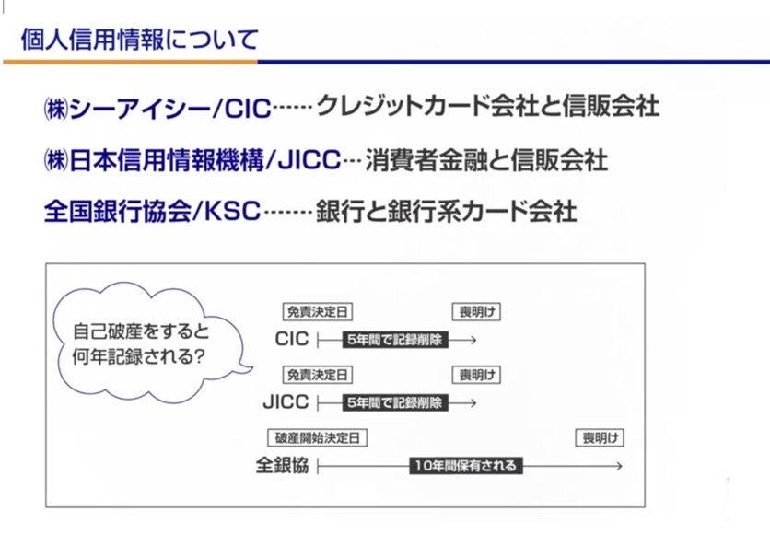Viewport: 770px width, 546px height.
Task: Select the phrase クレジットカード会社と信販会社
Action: (487, 107)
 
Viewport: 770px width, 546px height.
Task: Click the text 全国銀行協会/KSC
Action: (152, 213)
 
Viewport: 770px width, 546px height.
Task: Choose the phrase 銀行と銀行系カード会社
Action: (446, 213)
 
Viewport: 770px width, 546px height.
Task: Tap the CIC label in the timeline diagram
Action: (291, 339)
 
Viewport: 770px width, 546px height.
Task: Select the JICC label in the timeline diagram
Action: (286, 402)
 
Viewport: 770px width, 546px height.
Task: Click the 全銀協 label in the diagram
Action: (282, 466)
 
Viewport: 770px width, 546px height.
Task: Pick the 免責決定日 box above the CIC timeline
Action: (318, 312)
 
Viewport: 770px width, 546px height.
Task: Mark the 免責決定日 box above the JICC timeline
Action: (318, 376)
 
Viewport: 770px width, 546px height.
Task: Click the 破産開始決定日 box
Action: (317, 438)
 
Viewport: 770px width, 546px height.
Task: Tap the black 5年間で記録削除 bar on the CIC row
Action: (394, 340)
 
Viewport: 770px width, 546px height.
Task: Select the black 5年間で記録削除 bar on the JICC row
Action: (394, 402)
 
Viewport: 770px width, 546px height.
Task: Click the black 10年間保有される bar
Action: (464, 466)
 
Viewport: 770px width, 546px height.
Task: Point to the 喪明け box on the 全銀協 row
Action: (599, 438)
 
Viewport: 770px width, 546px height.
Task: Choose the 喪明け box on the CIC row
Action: (475, 312)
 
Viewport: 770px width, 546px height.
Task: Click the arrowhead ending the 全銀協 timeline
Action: (619, 466)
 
